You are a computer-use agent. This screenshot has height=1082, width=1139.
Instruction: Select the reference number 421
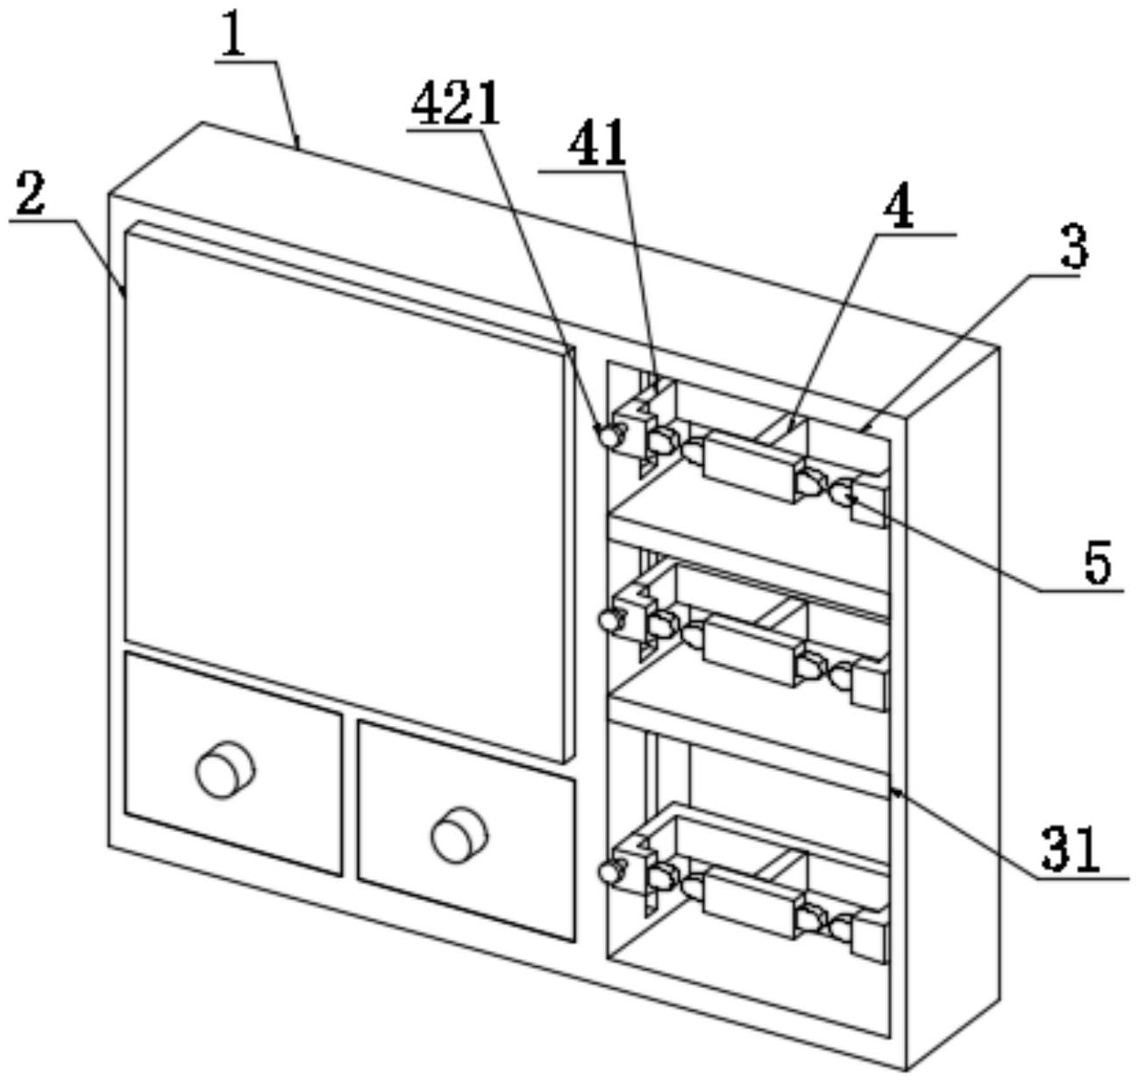(x=455, y=105)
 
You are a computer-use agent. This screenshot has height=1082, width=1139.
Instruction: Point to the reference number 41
(x=598, y=144)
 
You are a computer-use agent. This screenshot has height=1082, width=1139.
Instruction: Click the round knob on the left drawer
(x=225, y=768)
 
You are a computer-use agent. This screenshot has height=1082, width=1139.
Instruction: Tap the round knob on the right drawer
(x=459, y=834)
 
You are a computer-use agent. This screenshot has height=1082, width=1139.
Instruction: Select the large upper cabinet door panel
(x=345, y=496)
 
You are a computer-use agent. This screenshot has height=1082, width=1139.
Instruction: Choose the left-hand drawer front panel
(x=233, y=764)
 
